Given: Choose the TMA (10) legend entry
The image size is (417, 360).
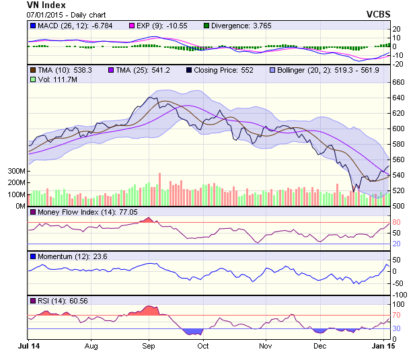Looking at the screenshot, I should [66, 69].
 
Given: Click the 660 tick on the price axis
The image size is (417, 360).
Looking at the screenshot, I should [399, 82].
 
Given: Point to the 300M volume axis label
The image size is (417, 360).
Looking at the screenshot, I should [15, 172].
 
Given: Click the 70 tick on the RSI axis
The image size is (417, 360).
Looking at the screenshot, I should [397, 315].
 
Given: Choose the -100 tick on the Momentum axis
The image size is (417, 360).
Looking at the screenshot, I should [400, 295].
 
